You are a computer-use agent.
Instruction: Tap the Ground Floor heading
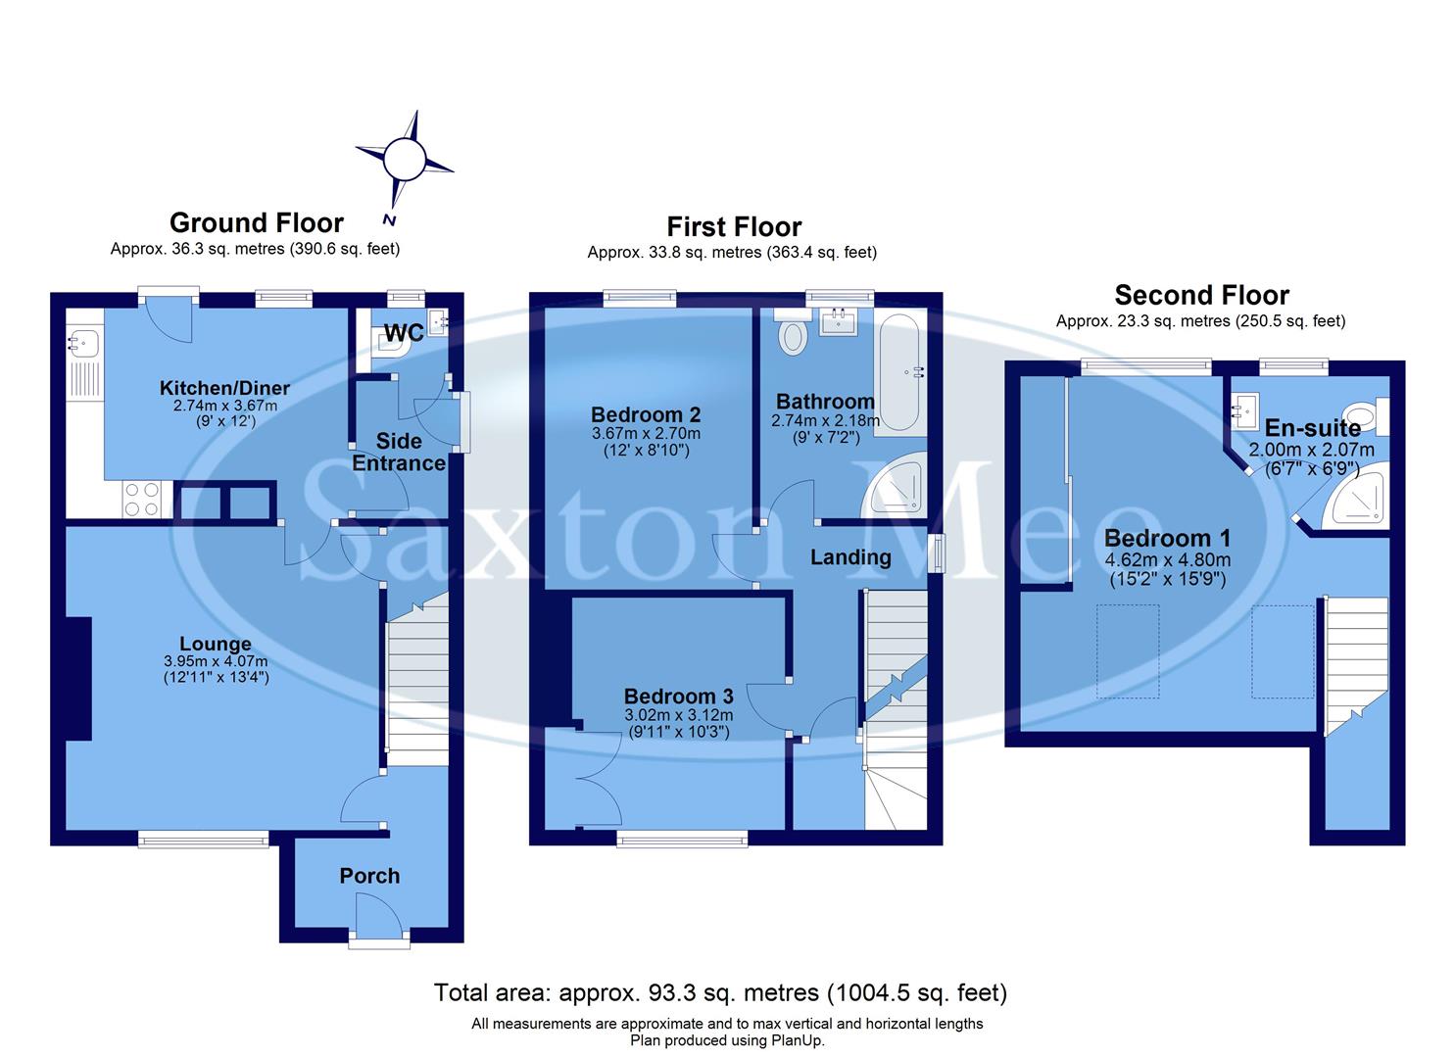click(x=257, y=223)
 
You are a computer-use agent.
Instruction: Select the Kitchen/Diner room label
click(x=224, y=388)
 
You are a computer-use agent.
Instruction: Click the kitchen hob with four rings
click(x=142, y=500)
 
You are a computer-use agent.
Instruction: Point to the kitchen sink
click(x=80, y=343)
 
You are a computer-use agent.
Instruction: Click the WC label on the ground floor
click(x=404, y=333)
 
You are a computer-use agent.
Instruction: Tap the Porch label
click(x=369, y=876)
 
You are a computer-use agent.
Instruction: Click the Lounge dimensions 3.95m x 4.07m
click(x=216, y=661)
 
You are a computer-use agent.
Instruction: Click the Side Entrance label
click(x=399, y=452)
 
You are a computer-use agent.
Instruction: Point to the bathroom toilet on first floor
click(x=791, y=337)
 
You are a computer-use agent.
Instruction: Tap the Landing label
click(x=849, y=557)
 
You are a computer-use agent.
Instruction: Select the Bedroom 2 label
click(x=646, y=414)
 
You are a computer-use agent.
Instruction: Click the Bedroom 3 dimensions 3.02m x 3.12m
click(x=678, y=714)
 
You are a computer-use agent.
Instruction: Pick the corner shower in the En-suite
click(x=1357, y=500)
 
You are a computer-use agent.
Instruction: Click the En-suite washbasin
click(x=1246, y=410)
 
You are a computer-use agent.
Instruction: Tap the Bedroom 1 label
click(x=1167, y=538)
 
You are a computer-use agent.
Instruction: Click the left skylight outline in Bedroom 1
click(x=1127, y=650)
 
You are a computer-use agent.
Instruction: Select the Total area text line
click(x=720, y=992)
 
